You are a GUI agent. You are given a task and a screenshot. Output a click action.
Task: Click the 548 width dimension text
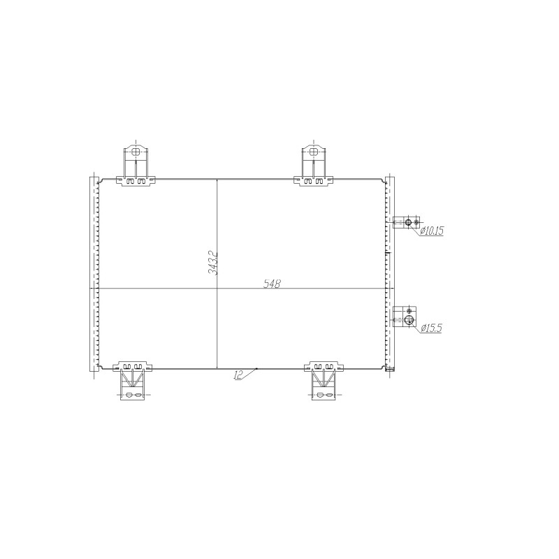(x=273, y=284)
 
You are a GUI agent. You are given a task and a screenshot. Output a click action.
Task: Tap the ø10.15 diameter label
(x=432, y=231)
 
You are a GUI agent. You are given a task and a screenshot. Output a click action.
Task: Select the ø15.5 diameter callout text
(x=431, y=328)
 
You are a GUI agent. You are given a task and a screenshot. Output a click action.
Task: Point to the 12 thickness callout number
(x=238, y=375)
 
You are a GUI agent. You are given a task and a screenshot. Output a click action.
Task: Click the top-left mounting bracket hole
(x=136, y=152)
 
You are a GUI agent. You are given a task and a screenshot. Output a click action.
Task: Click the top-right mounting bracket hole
(x=313, y=152)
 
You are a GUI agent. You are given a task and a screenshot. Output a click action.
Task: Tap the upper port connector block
(x=407, y=222)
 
